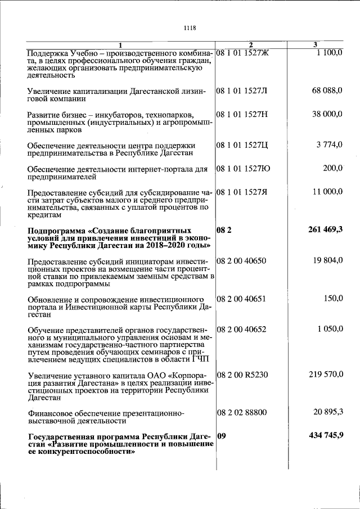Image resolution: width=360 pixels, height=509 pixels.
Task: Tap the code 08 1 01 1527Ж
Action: click(244, 52)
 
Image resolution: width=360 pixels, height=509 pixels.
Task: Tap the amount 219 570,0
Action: click(326, 374)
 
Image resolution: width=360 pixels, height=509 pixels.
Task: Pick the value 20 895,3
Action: click(328, 412)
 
